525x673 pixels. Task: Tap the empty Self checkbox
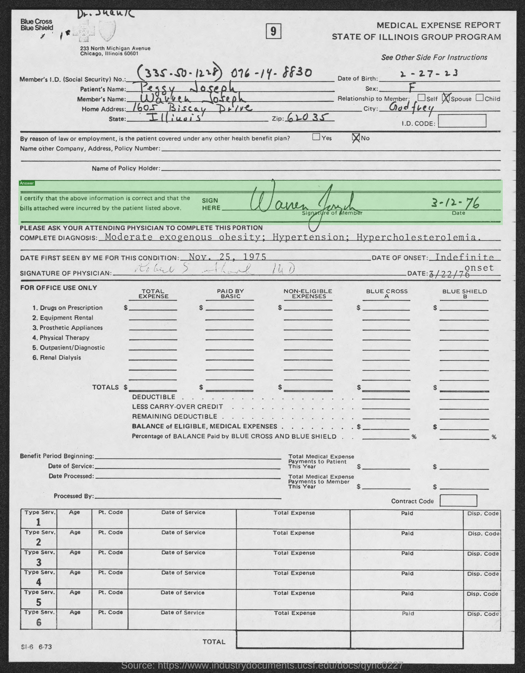421,98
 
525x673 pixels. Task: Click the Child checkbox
479,98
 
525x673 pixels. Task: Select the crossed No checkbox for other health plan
356,138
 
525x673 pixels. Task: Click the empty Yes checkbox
316,137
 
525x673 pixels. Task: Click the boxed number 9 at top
273,32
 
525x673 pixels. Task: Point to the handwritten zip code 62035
306,117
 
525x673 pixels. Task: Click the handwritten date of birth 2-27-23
428,74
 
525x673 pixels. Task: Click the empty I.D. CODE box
462,121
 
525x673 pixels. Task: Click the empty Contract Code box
458,501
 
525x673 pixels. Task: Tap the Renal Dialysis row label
57,358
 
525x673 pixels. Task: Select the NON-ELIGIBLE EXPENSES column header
308,294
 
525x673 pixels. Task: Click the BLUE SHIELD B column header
464,294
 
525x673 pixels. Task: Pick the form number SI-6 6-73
36,647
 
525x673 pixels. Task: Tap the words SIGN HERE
211,204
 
